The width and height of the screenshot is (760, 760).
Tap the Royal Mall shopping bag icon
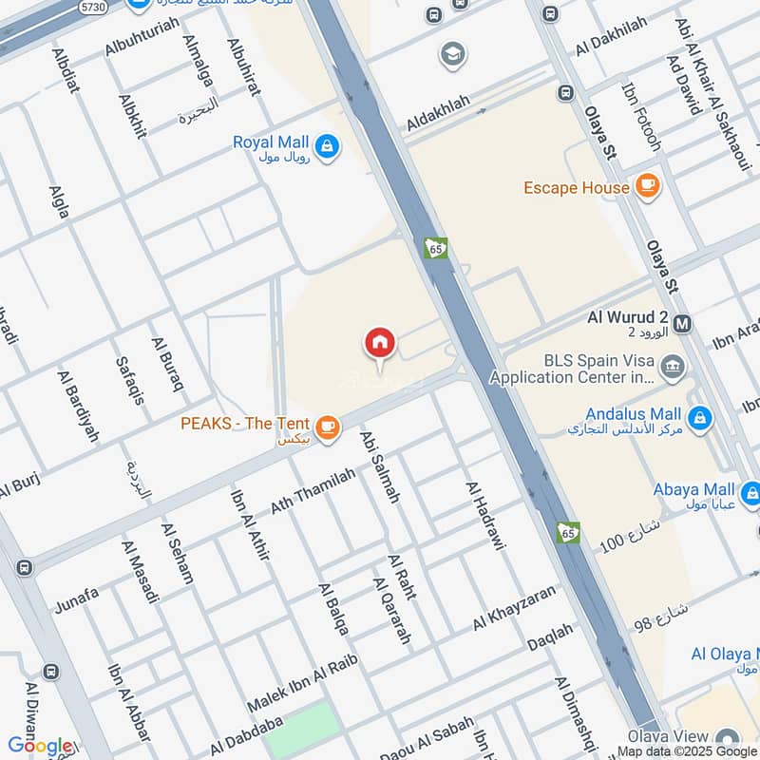[328, 147]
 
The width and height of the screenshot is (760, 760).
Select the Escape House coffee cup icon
[648, 187]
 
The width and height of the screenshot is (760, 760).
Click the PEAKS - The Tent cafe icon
[328, 427]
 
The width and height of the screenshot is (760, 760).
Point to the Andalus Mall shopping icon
[700, 418]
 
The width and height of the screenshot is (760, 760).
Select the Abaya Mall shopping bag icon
[750, 492]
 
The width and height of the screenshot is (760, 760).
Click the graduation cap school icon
[453, 54]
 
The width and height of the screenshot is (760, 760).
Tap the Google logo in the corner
[40, 746]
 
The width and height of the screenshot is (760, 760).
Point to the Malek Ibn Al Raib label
[294, 687]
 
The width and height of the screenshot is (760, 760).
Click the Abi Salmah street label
[380, 465]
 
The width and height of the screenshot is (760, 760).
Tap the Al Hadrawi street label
[486, 516]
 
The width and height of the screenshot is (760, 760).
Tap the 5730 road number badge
[92, 7]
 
